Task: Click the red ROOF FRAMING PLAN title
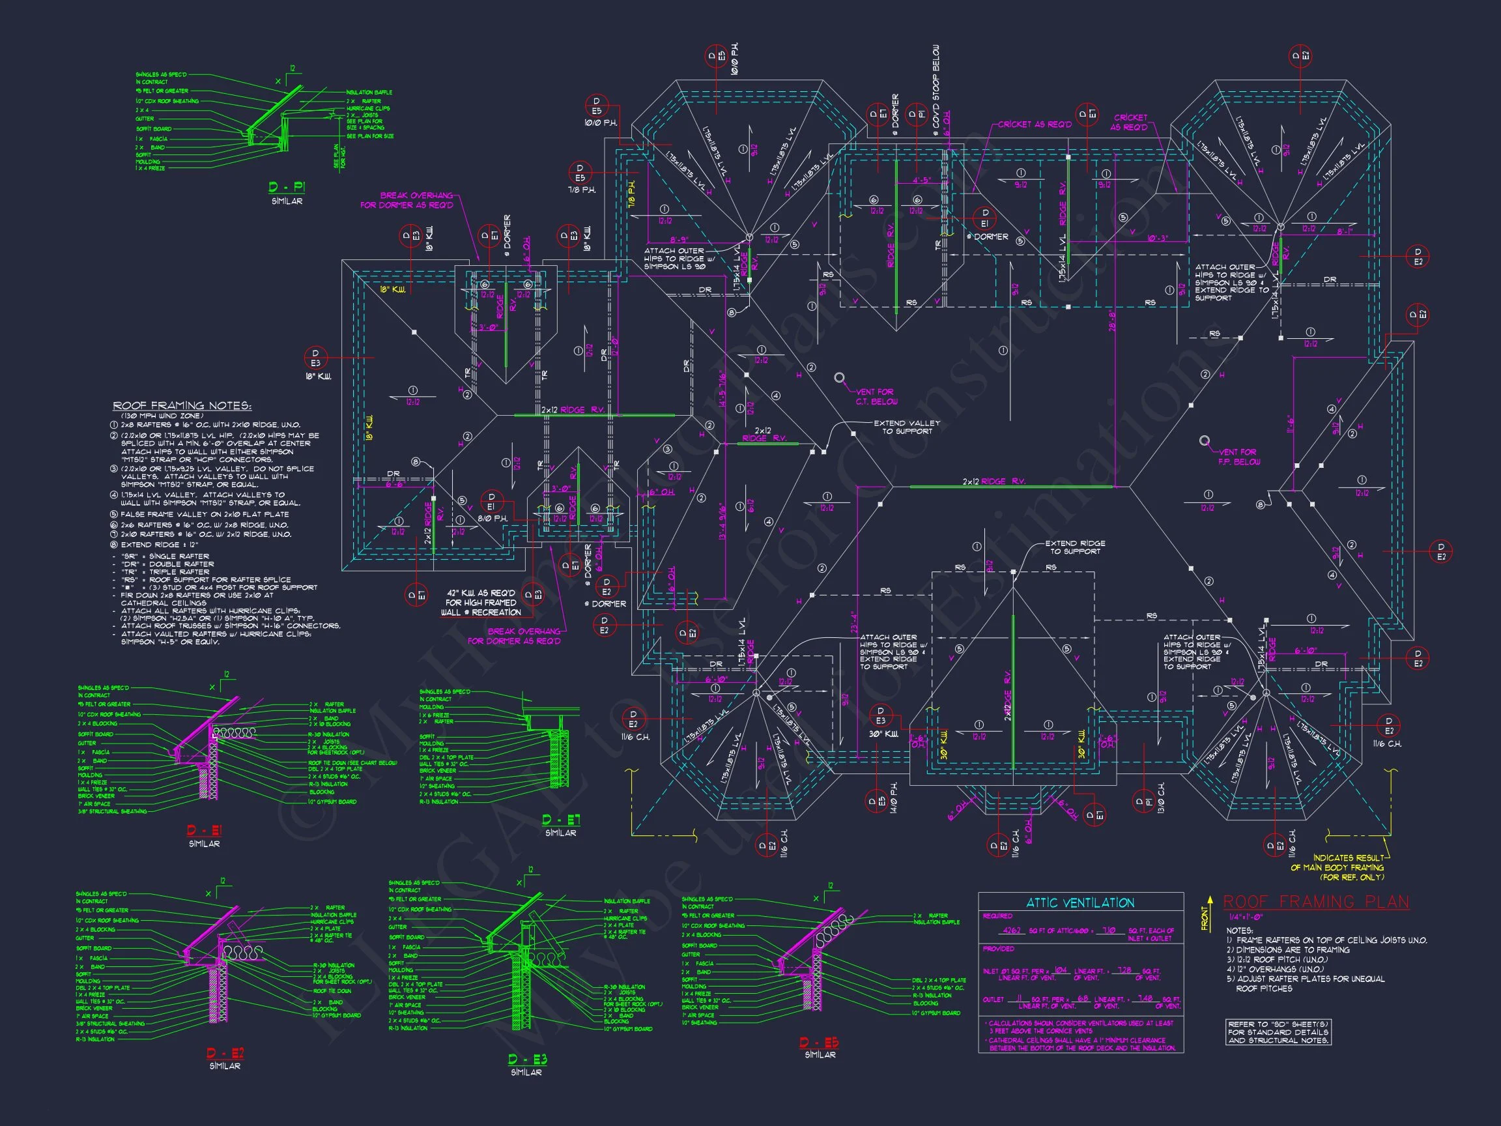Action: pyautogui.click(x=1316, y=902)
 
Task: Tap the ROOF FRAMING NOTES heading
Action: pyautogui.click(x=182, y=406)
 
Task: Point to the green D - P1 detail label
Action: pyautogui.click(x=287, y=187)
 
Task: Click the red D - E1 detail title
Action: pyautogui.click(x=205, y=831)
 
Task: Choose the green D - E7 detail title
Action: pyautogui.click(x=560, y=820)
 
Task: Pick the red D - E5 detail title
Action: pyautogui.click(x=820, y=1043)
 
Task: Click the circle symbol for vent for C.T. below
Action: pyautogui.click(x=839, y=377)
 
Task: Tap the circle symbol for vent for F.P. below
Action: pyautogui.click(x=1204, y=440)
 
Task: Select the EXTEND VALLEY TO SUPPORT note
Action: pyautogui.click(x=907, y=427)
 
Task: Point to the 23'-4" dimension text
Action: pyautogui.click(x=853, y=623)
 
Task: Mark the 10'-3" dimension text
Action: pyautogui.click(x=1157, y=238)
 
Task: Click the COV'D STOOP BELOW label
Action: pyautogui.click(x=936, y=86)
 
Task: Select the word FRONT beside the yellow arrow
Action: pyautogui.click(x=1205, y=918)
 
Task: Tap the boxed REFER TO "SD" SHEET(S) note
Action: pyautogui.click(x=1278, y=1032)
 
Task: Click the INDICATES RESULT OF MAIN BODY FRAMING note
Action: pyautogui.click(x=1347, y=867)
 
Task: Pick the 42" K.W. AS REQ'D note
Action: pyautogui.click(x=480, y=603)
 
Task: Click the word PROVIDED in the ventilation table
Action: pyautogui.click(x=998, y=949)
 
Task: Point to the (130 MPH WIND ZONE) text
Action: pyautogui.click(x=161, y=415)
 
